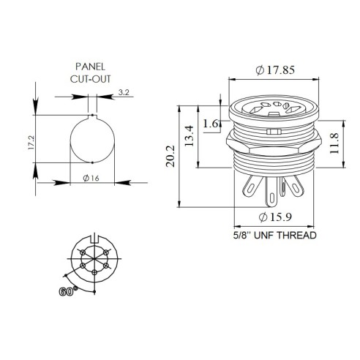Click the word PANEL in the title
point(90,67)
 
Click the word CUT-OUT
point(90,79)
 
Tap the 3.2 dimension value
point(124,92)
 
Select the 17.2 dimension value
point(31,143)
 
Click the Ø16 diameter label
point(91,179)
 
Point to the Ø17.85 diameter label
point(275,70)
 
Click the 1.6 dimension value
point(211,124)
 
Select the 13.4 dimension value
point(190,136)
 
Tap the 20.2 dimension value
point(170,156)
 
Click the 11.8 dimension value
point(334,143)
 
